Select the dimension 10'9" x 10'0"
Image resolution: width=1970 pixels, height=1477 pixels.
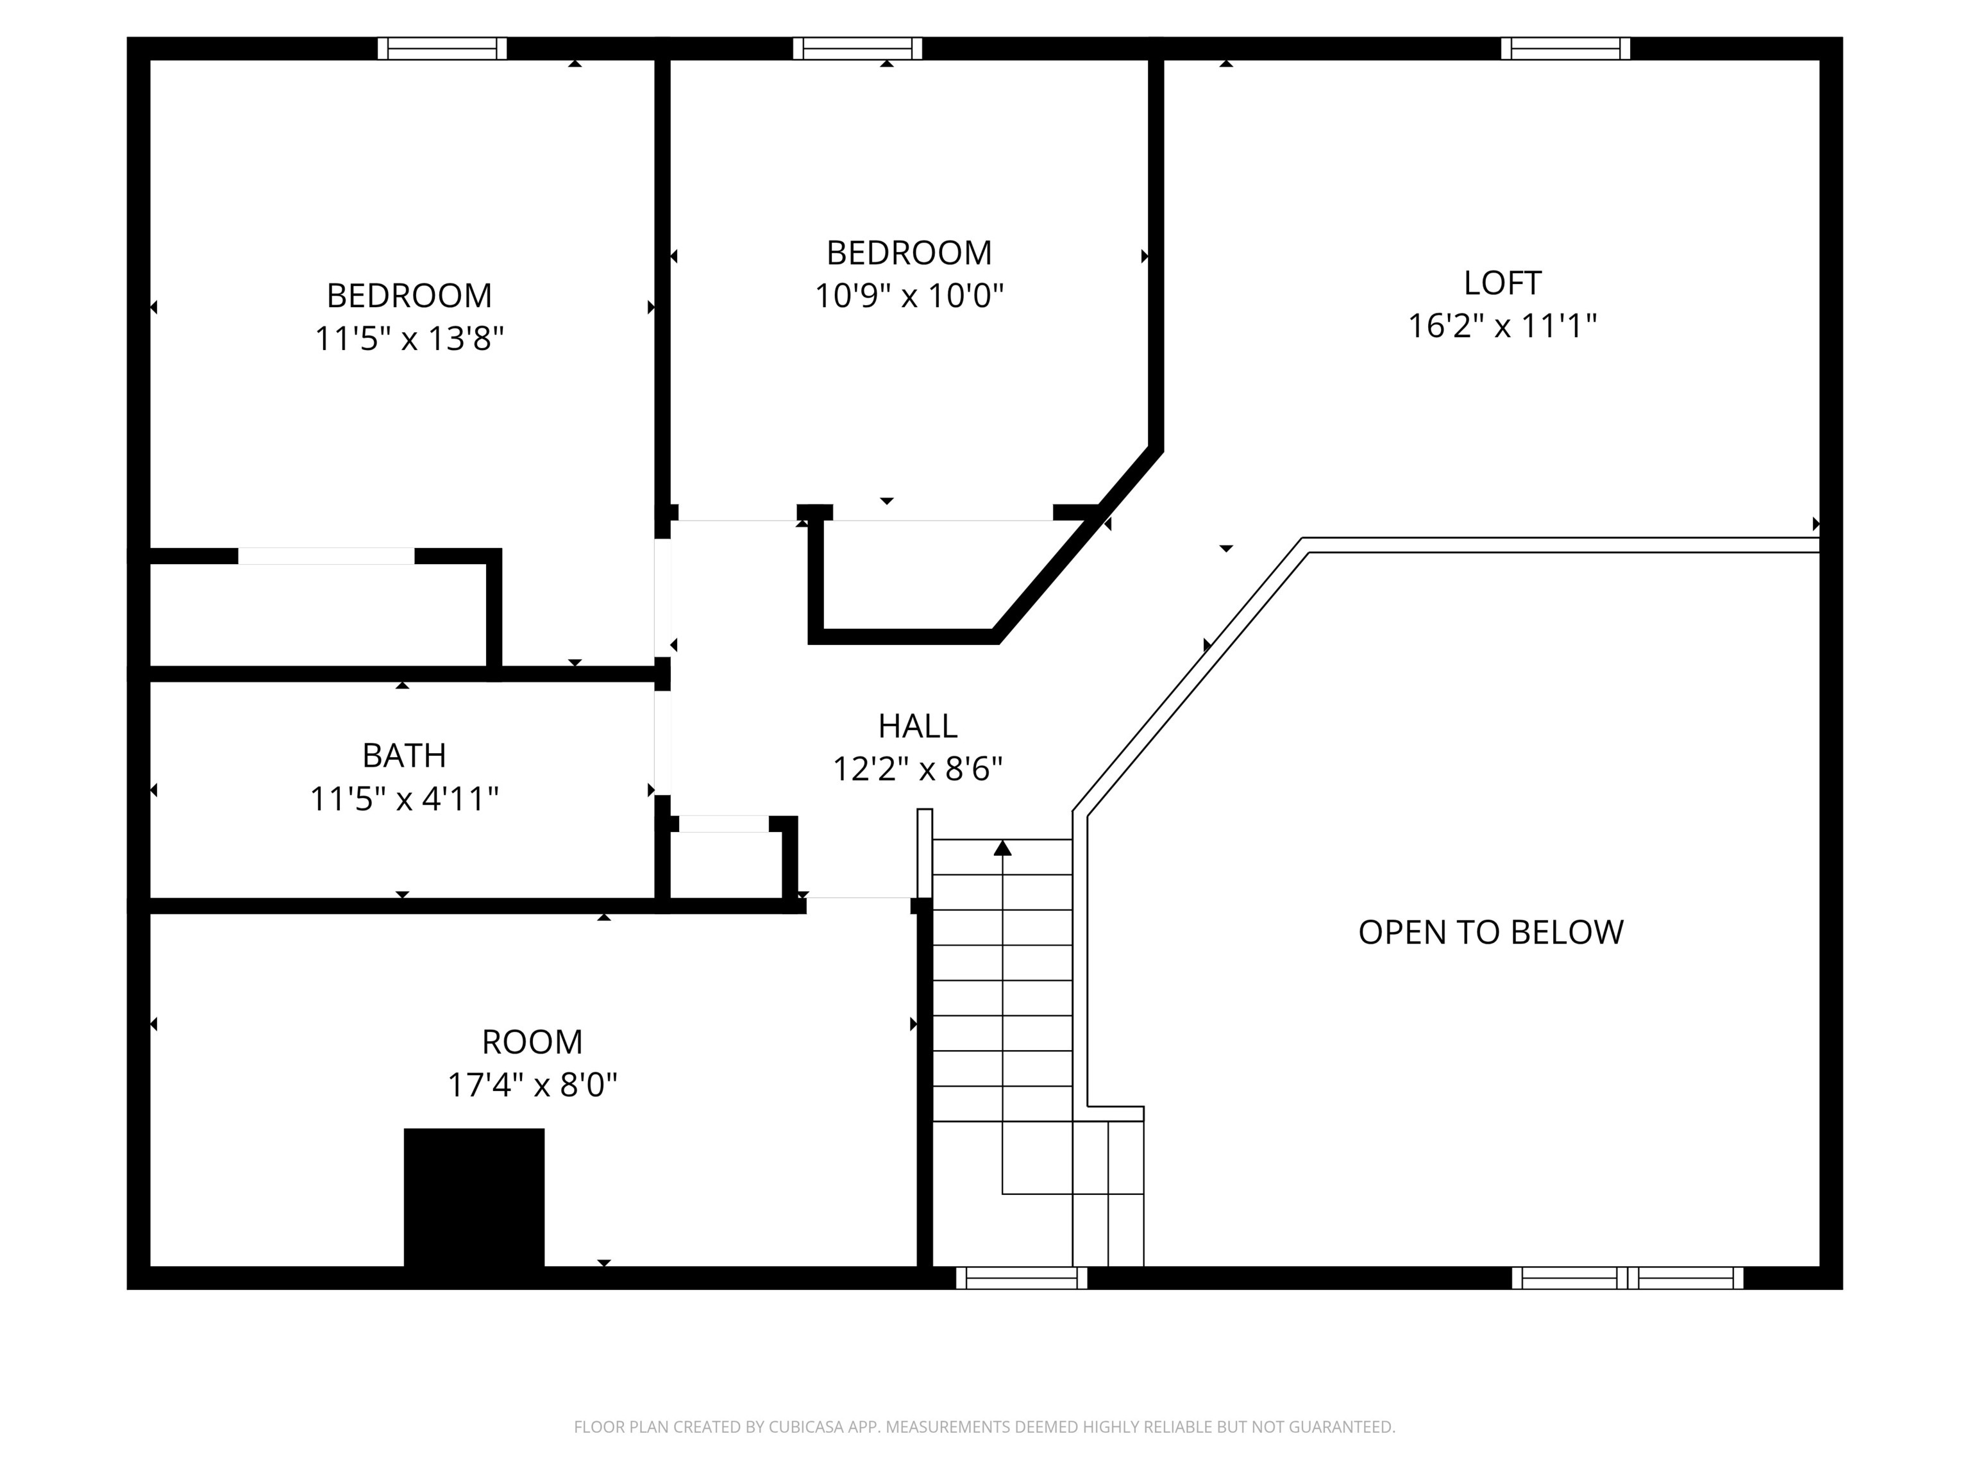point(909,296)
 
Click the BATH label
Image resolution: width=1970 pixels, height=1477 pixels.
point(403,756)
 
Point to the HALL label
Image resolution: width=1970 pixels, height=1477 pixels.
point(917,726)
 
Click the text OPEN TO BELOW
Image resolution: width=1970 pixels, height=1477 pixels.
point(1490,932)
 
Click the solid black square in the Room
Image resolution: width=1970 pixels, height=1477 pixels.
point(474,1197)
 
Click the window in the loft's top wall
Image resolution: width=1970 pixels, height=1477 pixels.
point(1565,48)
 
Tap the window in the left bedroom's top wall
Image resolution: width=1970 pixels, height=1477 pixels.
point(442,48)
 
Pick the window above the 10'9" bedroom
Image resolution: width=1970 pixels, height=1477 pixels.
point(857,48)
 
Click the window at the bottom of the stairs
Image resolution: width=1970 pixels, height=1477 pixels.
point(1021,1278)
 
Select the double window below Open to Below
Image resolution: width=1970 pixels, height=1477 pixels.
point(1627,1278)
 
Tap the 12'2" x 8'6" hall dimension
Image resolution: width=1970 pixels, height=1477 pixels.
point(917,769)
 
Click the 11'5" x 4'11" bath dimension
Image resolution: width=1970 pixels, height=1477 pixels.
point(403,799)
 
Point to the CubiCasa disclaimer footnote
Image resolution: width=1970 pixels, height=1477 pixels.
point(984,1427)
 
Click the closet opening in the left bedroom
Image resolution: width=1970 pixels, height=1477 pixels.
point(326,556)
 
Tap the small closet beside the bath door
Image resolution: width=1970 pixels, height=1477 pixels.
point(725,862)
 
